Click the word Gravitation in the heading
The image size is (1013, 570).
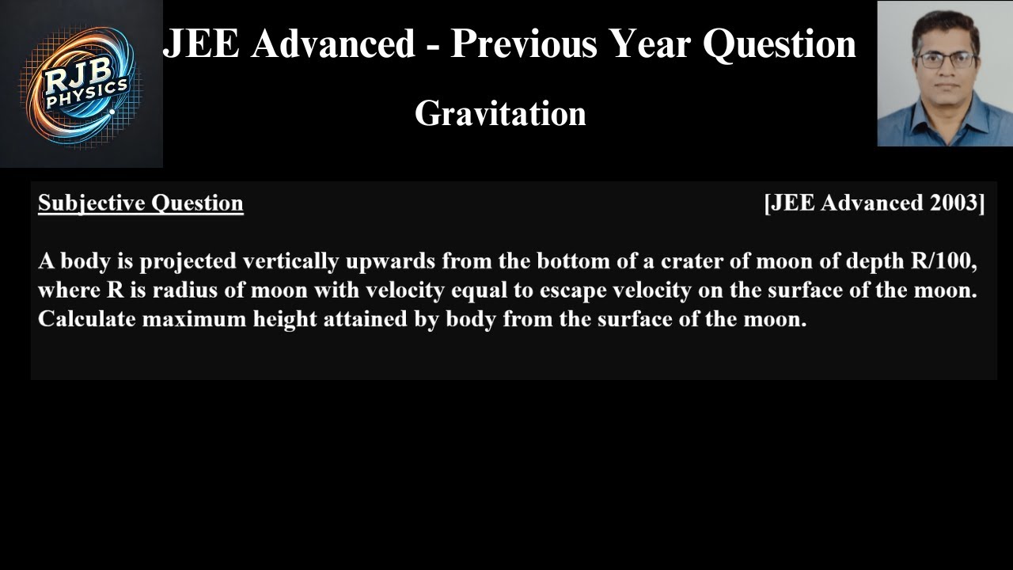pyautogui.click(x=500, y=114)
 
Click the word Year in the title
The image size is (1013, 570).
pyautogui.click(x=651, y=44)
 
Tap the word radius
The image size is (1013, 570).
pyautogui.click(x=185, y=291)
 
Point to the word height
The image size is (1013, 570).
pyautogui.click(x=268, y=320)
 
